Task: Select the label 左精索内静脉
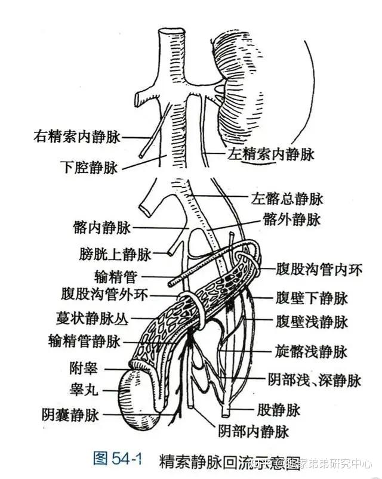(x=270, y=154)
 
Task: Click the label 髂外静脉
(x=291, y=220)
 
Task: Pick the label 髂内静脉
(x=100, y=227)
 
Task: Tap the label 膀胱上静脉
(x=115, y=255)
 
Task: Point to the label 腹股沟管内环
(x=319, y=270)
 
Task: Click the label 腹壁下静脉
(x=311, y=298)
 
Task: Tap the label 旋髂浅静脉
(x=311, y=351)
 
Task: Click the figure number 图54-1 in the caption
(x=118, y=459)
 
